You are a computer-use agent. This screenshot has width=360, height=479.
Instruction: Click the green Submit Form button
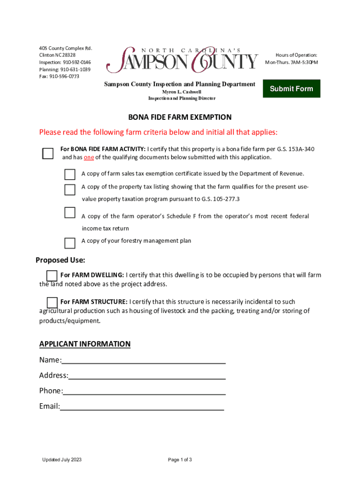[291, 88]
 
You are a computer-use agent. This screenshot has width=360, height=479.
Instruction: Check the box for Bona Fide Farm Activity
[48, 153]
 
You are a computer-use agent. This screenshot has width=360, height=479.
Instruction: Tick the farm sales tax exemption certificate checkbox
[70, 175]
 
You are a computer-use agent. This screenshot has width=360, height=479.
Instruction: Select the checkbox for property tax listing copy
[70, 189]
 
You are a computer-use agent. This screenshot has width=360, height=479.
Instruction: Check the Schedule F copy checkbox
[70, 212]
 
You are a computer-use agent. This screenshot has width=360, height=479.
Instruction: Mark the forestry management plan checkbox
[70, 243]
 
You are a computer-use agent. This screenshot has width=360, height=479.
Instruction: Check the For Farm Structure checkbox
[52, 302]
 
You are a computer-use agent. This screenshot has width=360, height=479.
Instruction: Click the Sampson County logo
[182, 60]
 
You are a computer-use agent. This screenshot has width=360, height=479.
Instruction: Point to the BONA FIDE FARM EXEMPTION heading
[180, 117]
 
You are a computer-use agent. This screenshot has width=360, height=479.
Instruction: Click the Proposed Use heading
[60, 260]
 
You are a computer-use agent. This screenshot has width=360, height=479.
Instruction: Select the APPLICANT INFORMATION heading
[85, 344]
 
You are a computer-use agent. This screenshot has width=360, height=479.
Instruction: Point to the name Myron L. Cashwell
[181, 92]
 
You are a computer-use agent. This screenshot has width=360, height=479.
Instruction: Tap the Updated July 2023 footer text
[62, 460]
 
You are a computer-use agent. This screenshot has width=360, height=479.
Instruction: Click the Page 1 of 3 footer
[180, 460]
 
